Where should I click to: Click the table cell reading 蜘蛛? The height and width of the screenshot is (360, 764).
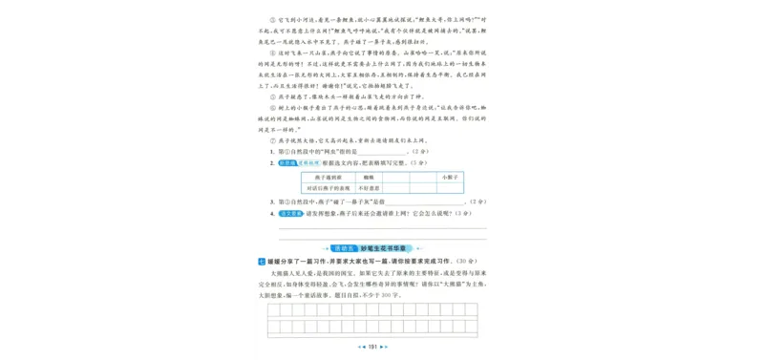tap(370, 178)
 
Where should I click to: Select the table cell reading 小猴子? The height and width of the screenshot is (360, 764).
tap(451, 178)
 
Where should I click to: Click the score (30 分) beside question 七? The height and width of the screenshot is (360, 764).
tap(467, 261)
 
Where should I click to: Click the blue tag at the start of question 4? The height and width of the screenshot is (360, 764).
tap(290, 214)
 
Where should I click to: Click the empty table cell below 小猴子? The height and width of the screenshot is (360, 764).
tap(451, 188)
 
